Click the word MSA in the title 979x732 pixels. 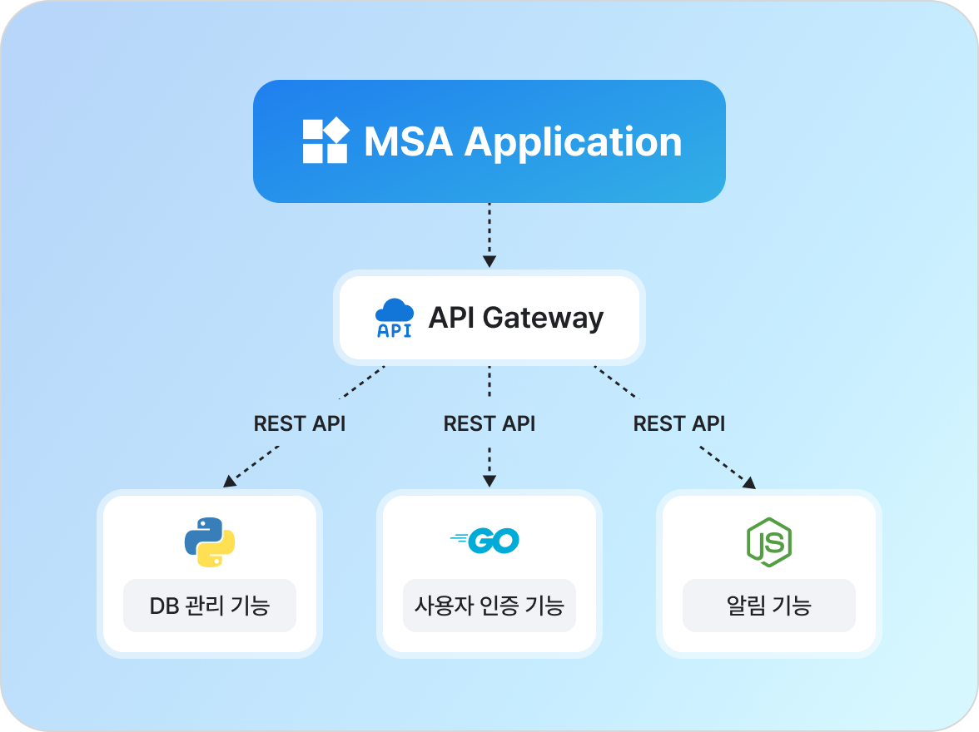point(408,142)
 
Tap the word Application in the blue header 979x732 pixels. point(573,142)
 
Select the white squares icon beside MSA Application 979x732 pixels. point(325,141)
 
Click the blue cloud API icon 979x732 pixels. point(395,319)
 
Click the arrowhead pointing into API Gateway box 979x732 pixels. point(489,261)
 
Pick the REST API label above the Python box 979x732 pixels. point(300,423)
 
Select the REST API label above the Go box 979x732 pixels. point(489,423)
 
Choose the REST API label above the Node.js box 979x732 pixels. point(679,423)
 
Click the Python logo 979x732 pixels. point(210,542)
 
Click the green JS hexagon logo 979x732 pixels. point(768,542)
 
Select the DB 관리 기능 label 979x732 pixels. point(210,606)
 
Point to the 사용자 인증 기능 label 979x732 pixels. point(489,606)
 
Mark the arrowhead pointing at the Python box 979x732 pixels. point(229,482)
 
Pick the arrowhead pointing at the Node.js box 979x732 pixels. point(750,482)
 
